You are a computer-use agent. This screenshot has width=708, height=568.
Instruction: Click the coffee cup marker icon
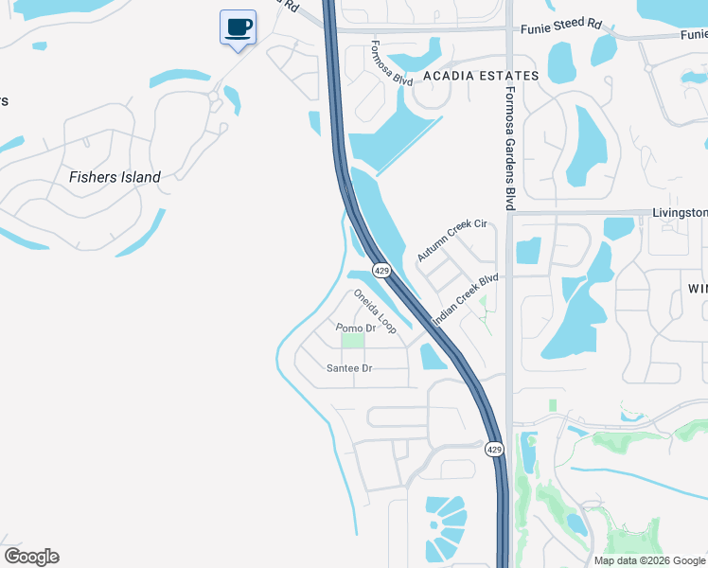[x=238, y=27]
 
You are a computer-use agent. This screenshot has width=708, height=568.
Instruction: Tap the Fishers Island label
[x=115, y=176]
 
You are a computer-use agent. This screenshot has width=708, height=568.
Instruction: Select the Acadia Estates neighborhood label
[x=480, y=76]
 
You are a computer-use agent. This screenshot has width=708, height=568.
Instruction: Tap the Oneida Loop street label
[x=375, y=311]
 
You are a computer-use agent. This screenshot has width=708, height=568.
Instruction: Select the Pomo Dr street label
[x=357, y=328]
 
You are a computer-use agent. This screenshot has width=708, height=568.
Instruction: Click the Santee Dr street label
[x=349, y=367]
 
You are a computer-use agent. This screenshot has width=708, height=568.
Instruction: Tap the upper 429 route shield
[x=381, y=271]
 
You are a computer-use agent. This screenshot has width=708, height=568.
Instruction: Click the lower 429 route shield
[x=493, y=448]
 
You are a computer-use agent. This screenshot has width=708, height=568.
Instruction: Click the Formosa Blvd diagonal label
[x=391, y=63]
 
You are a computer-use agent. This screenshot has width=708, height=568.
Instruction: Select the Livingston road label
[x=680, y=213]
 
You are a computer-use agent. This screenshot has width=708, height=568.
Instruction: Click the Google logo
[x=31, y=557]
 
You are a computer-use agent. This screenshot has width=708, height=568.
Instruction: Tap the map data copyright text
[x=648, y=560]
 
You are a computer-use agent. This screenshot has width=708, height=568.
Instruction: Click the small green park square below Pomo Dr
[x=352, y=341]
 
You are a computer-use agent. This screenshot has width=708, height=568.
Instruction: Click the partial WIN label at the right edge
[x=697, y=288]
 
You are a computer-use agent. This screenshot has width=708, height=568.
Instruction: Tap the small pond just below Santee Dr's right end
[x=433, y=356]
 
